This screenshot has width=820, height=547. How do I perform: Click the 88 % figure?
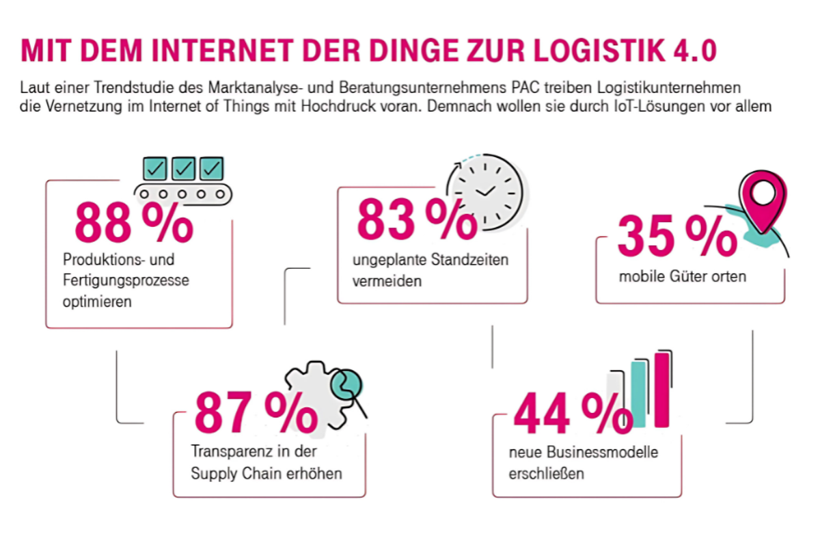[x=133, y=222]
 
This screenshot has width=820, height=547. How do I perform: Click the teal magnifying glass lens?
[x=346, y=384]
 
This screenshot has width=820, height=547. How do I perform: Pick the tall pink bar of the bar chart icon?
[x=661, y=390]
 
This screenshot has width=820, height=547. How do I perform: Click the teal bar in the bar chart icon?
[x=639, y=395]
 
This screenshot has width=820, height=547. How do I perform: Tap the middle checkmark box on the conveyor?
[x=183, y=168]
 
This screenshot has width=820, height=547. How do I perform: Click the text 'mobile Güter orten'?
[x=682, y=277]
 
